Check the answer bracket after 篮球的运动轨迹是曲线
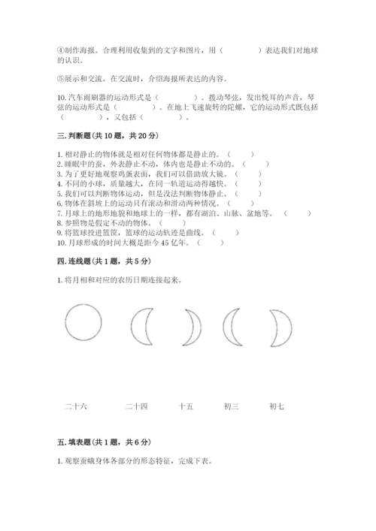(226, 232)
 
